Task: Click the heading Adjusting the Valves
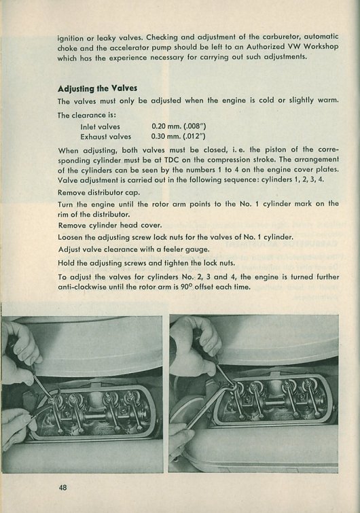tap(97, 88)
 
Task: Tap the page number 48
tap(62, 487)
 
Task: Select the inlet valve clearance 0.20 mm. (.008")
tap(179, 126)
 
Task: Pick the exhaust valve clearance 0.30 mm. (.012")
tap(178, 136)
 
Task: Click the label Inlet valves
tap(100, 126)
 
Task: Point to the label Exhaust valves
tap(105, 137)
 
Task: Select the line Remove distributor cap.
tap(98, 192)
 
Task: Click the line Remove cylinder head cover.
tap(110, 226)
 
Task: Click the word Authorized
tap(264, 47)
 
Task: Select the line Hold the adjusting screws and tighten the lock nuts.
tap(146, 263)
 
